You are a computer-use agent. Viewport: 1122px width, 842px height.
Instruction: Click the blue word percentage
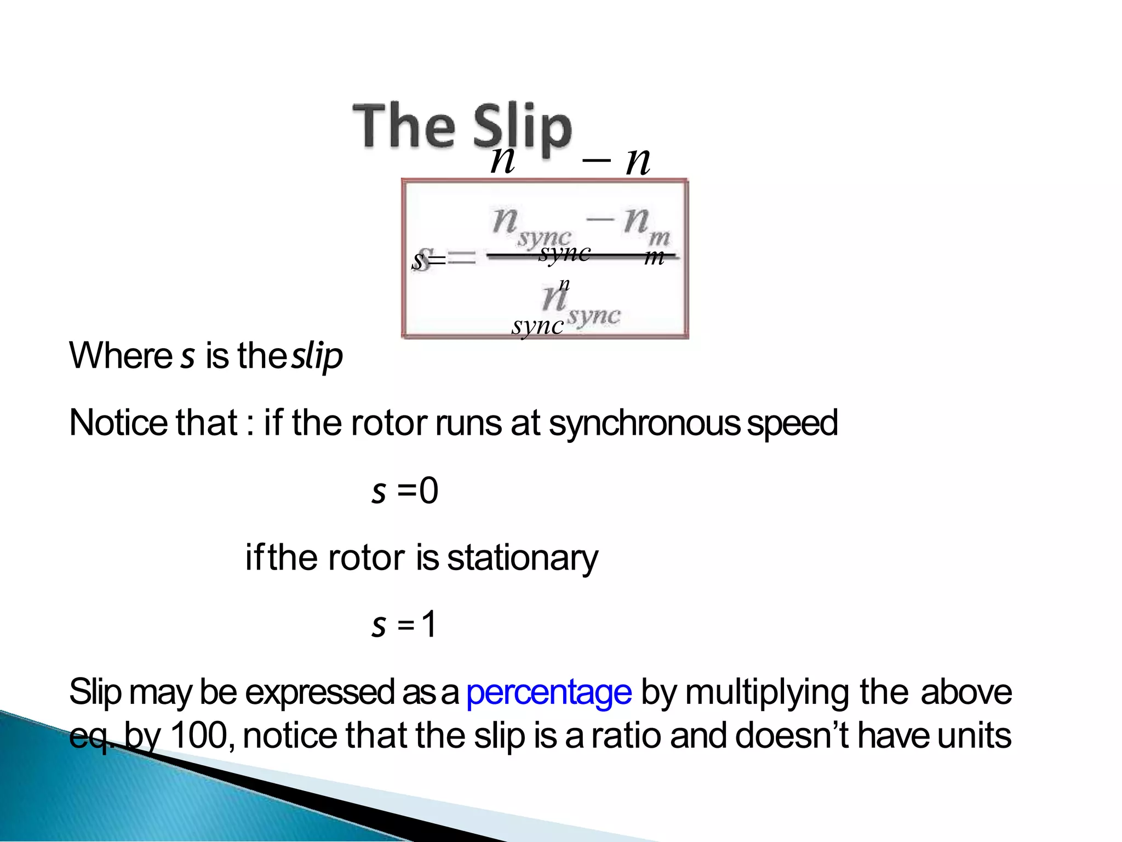[549, 692]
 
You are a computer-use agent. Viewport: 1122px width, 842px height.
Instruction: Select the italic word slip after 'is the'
[317, 356]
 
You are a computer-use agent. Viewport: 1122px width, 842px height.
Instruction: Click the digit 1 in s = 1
[429, 624]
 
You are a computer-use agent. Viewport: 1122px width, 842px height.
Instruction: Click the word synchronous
[644, 423]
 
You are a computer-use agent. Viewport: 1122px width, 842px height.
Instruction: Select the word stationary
[523, 559]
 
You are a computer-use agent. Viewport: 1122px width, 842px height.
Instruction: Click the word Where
[121, 356]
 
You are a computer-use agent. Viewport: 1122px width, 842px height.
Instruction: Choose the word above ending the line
[966, 692]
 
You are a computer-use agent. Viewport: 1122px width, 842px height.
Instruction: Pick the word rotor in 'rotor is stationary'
[367, 559]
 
